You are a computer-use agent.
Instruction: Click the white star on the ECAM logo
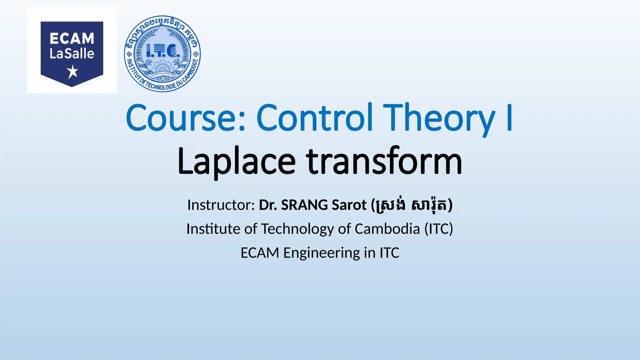[x=73, y=72]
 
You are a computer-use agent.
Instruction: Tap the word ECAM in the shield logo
[x=72, y=39]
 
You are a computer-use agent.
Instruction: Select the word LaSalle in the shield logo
[x=72, y=54]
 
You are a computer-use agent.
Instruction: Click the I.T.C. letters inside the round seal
[x=163, y=51]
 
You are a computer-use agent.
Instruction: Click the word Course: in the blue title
[x=187, y=118]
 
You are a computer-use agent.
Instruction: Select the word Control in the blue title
[x=315, y=118]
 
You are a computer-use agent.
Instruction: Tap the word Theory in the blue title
[x=439, y=118]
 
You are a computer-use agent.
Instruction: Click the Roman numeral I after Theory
[x=509, y=118]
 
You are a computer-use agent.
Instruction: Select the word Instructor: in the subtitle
[x=221, y=205]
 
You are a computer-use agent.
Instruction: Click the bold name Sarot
[x=349, y=205]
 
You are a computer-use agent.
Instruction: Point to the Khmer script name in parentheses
[x=412, y=205]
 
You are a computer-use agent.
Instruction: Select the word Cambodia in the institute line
[x=387, y=229]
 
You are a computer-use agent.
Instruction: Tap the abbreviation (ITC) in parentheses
[x=438, y=229]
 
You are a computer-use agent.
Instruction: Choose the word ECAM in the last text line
[x=260, y=253]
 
